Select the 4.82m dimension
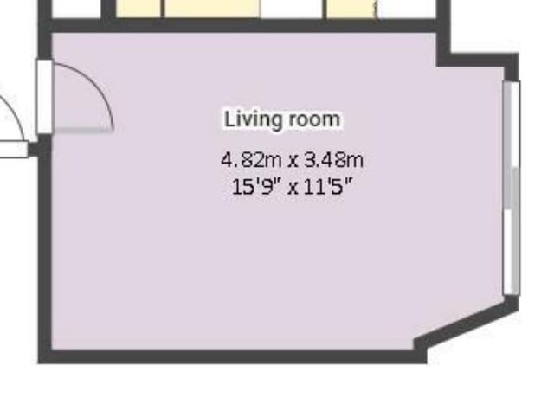click(x=251, y=160)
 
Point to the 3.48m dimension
click(x=333, y=160)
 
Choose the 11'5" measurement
click(x=328, y=186)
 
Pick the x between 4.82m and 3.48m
click(x=293, y=162)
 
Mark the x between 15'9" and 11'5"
click(x=293, y=189)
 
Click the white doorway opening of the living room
click(x=45, y=97)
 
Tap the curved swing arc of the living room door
click(x=99, y=84)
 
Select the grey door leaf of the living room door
click(x=83, y=131)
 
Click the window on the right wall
click(x=512, y=188)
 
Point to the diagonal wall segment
click(x=467, y=325)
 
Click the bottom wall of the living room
click(x=232, y=356)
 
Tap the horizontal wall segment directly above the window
click(x=478, y=60)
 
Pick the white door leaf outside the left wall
click(x=14, y=149)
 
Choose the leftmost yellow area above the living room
click(x=138, y=9)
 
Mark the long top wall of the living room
click(x=244, y=26)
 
